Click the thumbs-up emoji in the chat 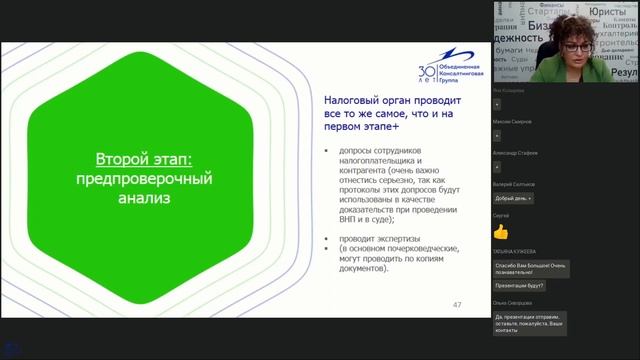[x=501, y=231]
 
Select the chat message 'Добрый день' [x=512, y=198]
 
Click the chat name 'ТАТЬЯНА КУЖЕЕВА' [x=515, y=251]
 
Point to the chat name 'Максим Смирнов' [x=513, y=121]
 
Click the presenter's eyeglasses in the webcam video [x=573, y=45]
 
